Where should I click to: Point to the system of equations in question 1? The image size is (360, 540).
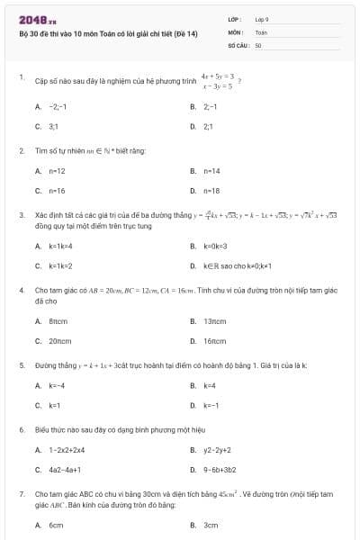pos(218,82)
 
